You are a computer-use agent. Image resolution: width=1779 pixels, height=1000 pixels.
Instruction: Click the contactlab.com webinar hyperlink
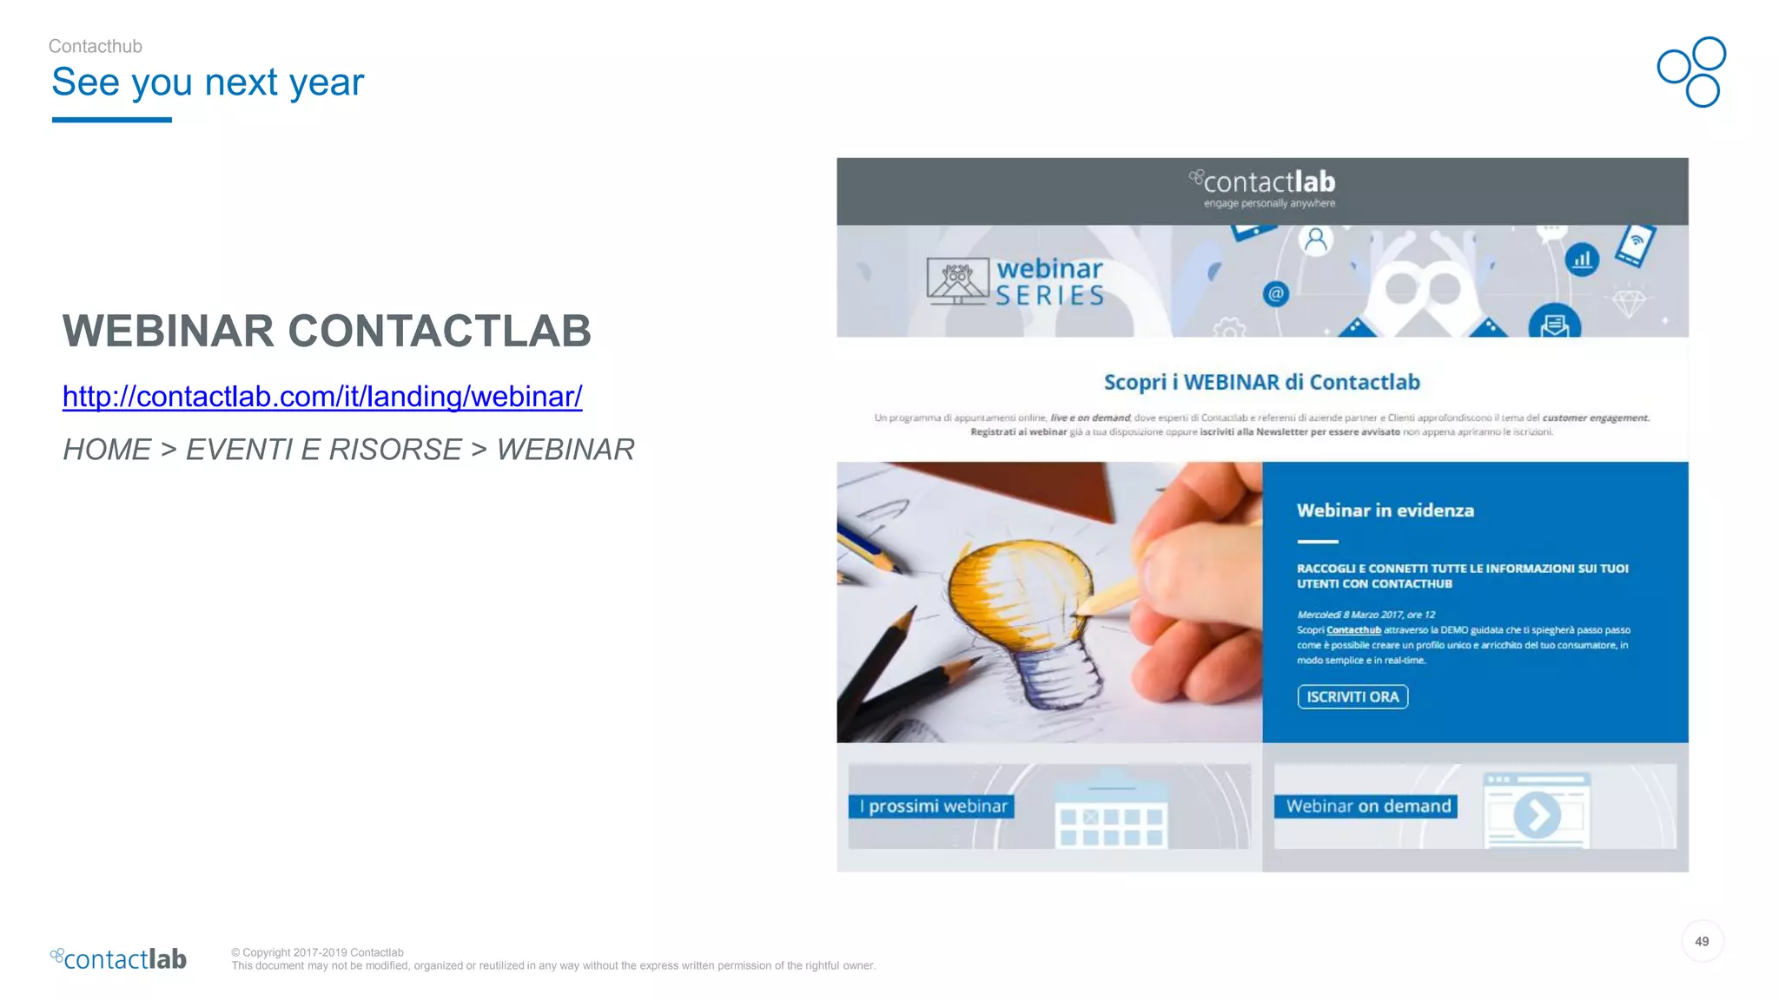click(322, 397)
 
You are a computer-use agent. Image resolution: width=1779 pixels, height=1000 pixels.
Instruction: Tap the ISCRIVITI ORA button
click(1352, 697)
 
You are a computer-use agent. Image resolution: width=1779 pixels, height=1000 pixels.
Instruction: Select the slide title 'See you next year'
click(208, 82)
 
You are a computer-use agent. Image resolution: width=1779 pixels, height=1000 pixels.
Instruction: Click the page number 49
click(1702, 942)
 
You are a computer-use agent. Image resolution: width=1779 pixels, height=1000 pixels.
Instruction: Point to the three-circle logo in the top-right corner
click(1692, 72)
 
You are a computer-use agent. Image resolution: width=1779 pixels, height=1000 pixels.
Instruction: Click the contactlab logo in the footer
click(119, 959)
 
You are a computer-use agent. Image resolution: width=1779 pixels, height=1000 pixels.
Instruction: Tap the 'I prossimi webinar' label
click(932, 806)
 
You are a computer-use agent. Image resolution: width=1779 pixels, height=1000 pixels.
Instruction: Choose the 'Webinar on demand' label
click(1367, 806)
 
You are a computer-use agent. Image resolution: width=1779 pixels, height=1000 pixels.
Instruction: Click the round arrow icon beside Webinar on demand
click(1537, 815)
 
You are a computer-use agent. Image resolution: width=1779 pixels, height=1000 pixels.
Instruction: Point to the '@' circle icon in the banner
click(1275, 294)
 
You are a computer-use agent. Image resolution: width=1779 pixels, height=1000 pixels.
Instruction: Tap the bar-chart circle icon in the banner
click(1582, 260)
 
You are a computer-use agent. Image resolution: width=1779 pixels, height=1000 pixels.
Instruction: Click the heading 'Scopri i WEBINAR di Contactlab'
click(1261, 383)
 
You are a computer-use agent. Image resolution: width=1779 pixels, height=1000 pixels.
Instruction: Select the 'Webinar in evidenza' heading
click(1385, 510)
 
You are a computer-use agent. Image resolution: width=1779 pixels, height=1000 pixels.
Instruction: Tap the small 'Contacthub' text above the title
click(96, 47)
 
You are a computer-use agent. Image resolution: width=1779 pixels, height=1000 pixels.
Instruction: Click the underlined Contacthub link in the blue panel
click(1353, 630)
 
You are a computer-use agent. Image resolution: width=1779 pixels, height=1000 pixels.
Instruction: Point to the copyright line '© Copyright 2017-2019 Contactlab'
click(317, 952)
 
